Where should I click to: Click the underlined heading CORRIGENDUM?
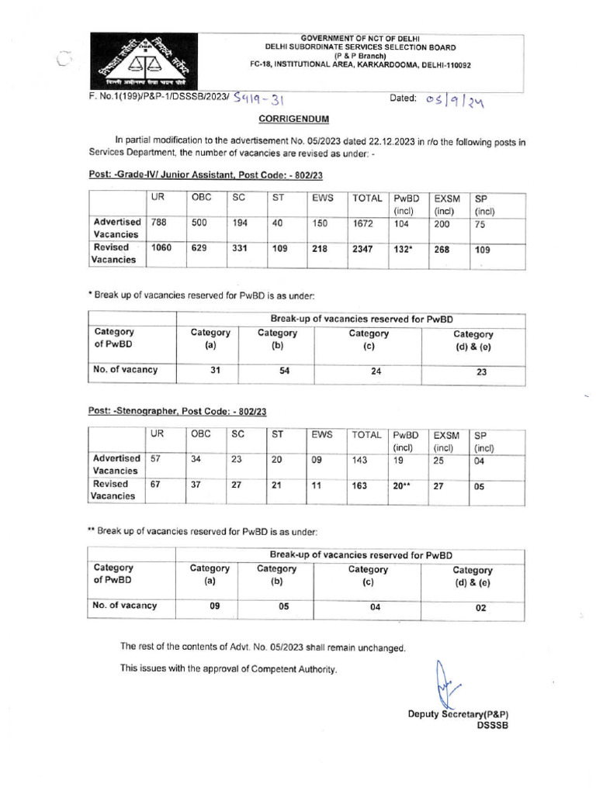point(293,119)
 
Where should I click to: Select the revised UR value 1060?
point(161,249)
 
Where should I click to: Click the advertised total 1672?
point(365,222)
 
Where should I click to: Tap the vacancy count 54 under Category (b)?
point(284,371)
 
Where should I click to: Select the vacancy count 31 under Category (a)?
point(215,371)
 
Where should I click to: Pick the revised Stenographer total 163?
point(362,486)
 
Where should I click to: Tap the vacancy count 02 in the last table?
point(480,608)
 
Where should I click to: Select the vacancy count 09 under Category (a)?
point(215,607)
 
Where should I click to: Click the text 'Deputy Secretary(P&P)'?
point(462,714)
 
